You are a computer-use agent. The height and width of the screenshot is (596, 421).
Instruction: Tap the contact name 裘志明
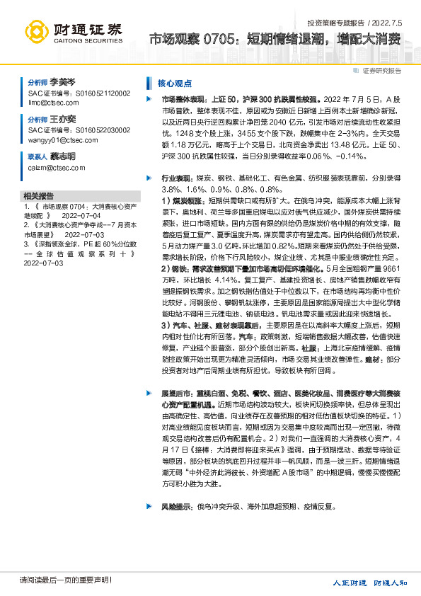[x=62, y=156]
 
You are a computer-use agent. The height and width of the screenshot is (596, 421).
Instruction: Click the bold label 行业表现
[x=177, y=180]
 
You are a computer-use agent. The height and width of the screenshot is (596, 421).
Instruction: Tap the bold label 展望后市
[x=177, y=391]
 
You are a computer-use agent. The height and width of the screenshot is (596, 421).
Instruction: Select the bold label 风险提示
[x=177, y=508]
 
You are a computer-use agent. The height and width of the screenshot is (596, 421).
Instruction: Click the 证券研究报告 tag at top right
[x=381, y=71]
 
